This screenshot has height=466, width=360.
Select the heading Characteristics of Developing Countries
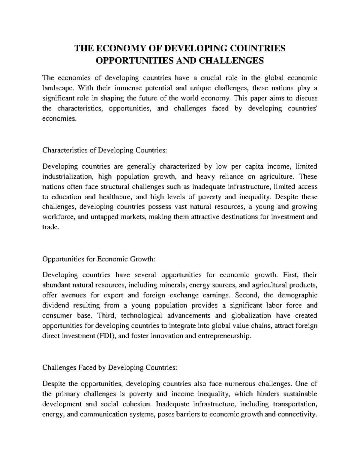[x=104, y=150]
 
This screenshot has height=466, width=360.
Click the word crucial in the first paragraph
[x=211, y=78]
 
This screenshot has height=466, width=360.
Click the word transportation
[x=295, y=404]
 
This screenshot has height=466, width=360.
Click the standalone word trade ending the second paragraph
[x=49, y=227]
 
